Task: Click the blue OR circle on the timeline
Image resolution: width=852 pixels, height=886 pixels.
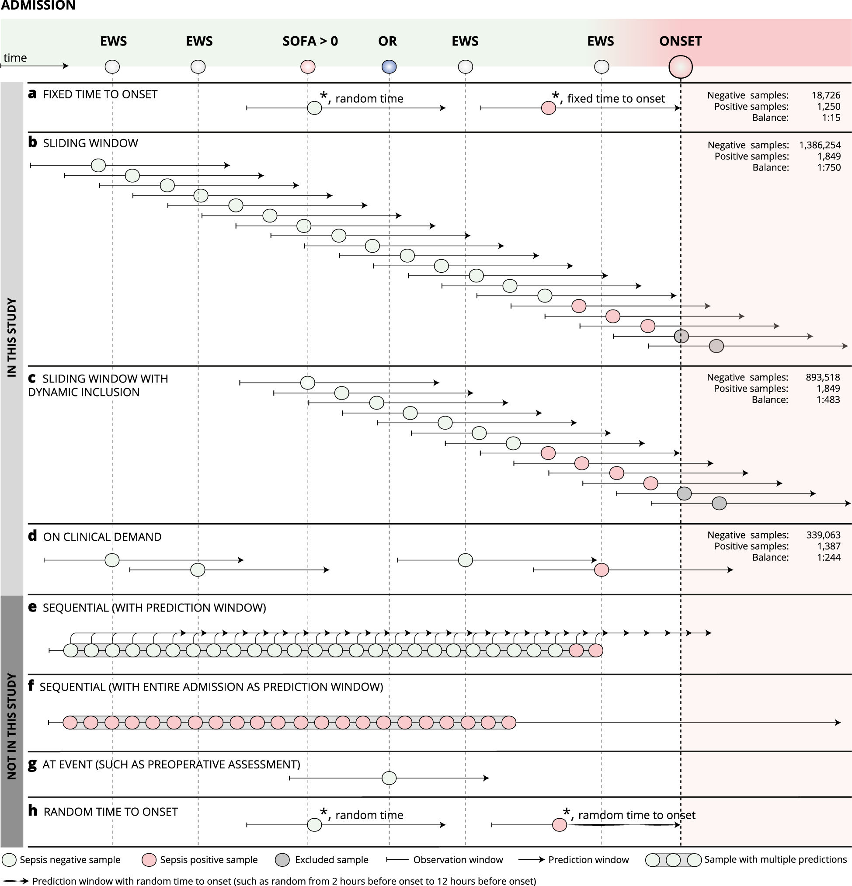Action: coord(389,67)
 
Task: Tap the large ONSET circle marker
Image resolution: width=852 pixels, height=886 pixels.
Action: coord(680,67)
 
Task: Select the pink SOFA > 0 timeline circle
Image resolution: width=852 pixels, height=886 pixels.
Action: coord(308,67)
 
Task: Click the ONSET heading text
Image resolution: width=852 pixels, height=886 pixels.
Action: coord(680,41)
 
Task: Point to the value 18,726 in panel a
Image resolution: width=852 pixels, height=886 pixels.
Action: coord(826,95)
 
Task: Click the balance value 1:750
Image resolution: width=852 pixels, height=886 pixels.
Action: coord(829,168)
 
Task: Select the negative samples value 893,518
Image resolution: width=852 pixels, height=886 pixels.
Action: coord(823,378)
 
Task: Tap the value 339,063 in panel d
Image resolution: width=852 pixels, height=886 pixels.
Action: coord(823,535)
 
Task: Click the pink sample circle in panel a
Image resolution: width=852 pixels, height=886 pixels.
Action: coord(548,108)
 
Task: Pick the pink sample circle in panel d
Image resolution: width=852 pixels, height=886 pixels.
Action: coord(601,570)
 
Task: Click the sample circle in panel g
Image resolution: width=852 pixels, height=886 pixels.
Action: coord(389,778)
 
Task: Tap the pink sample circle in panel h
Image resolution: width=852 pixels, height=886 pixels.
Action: coord(560,825)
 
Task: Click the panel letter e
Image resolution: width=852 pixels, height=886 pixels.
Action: coord(32,607)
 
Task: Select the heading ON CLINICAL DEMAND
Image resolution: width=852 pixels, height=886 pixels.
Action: coord(102,537)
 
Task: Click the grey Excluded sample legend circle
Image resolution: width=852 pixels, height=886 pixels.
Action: coord(282,860)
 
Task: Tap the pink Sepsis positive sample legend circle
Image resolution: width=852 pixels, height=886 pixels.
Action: coord(149,860)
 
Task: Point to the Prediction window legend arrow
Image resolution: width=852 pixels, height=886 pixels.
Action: coord(532,860)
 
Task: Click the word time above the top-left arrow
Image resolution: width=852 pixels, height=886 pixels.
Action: coord(15,58)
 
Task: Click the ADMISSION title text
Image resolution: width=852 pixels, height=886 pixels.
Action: coord(38,5)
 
